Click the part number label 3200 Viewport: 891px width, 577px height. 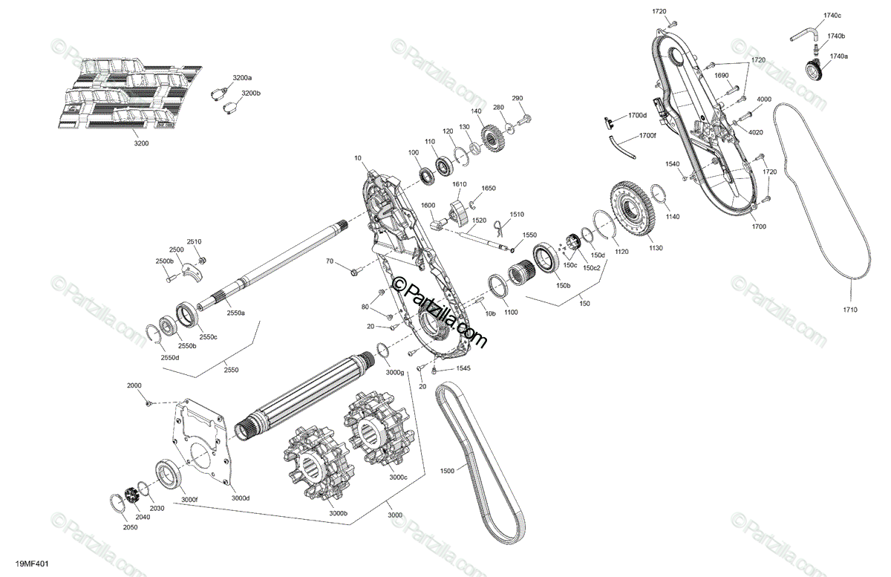click(x=141, y=143)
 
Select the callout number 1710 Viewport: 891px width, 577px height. click(x=850, y=309)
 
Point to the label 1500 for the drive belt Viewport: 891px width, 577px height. click(x=447, y=471)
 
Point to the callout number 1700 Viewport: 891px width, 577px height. click(x=758, y=226)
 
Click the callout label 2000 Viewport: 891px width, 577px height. click(x=134, y=386)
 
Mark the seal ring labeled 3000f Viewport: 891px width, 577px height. click(x=170, y=475)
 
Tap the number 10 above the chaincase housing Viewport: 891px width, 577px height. click(x=358, y=158)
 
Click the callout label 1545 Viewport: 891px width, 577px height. click(x=463, y=368)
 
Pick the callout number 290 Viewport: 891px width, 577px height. click(x=518, y=99)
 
